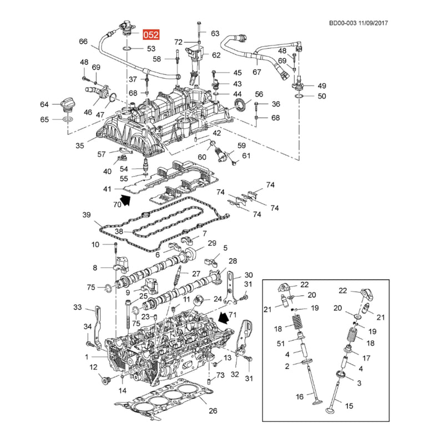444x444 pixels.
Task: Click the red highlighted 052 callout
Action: [x=151, y=34]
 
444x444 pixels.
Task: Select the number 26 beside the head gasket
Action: [x=213, y=411]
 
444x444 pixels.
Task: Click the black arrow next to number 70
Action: [x=125, y=200]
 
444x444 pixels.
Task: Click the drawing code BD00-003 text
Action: [x=342, y=23]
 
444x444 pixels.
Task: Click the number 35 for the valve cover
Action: [x=80, y=145]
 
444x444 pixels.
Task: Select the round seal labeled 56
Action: [x=240, y=105]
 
